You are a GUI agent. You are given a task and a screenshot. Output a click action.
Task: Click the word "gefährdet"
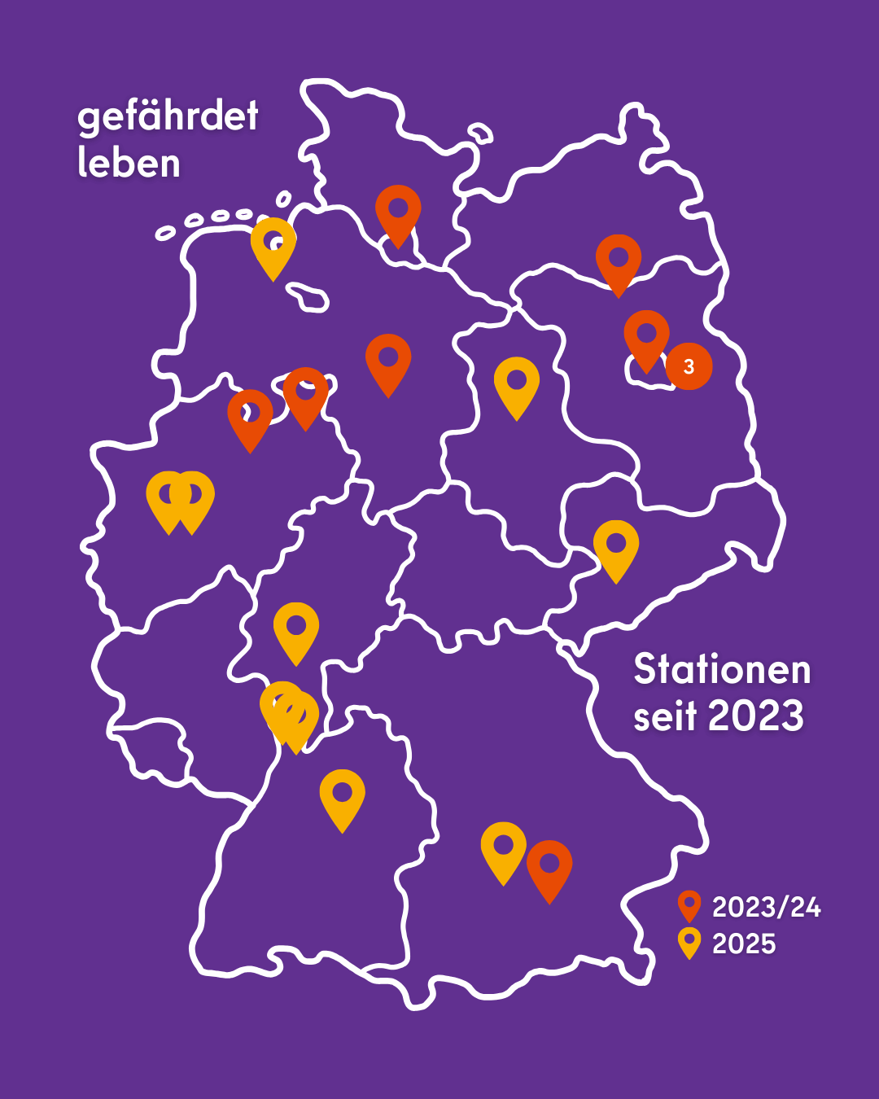[168, 117]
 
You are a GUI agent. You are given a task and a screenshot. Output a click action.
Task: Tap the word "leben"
[129, 163]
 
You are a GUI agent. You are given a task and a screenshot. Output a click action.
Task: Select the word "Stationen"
[722, 670]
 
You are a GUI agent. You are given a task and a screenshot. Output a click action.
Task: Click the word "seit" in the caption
[665, 717]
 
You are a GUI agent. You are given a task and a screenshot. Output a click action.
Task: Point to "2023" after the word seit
[756, 716]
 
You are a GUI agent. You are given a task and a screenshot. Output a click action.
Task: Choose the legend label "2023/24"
[766, 907]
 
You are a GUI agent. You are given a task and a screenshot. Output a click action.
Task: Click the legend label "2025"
[744, 944]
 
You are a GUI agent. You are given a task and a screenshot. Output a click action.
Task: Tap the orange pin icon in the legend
[689, 904]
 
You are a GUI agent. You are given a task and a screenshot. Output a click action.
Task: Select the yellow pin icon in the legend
[689, 942]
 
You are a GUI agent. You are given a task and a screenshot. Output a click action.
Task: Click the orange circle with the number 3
[689, 366]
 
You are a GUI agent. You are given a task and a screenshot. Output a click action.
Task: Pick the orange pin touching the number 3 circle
[646, 335]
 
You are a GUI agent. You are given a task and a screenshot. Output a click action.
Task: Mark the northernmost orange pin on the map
[398, 210]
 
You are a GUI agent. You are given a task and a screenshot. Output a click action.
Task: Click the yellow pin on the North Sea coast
[273, 243]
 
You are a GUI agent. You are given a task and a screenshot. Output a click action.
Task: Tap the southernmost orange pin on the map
[549, 865]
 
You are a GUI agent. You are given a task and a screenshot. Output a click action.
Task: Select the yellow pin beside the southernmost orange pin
[504, 847]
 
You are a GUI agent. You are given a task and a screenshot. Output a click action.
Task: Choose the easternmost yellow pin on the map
[616, 545]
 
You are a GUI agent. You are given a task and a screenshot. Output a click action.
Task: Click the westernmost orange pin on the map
[250, 414]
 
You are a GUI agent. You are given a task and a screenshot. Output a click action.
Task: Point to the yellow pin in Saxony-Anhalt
[517, 383]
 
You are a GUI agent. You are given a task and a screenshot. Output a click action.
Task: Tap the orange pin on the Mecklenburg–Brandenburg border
[619, 260]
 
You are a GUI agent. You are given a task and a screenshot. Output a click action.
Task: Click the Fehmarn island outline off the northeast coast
[480, 133]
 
